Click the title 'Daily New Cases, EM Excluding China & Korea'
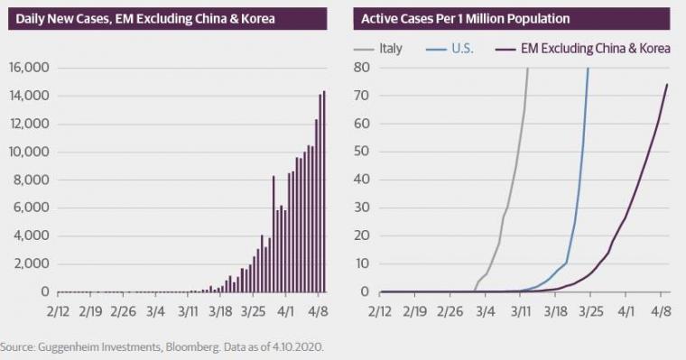pyautogui.click(x=145, y=19)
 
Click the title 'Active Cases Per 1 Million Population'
pyautogui.click(x=466, y=19)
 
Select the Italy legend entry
pyautogui.click(x=378, y=48)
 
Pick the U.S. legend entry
pyautogui.click(x=450, y=48)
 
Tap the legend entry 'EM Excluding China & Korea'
pyautogui.click(x=583, y=48)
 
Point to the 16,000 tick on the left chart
pyautogui.click(x=29, y=68)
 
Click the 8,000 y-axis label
pyautogui.click(x=32, y=180)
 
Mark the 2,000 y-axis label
pyautogui.click(x=32, y=263)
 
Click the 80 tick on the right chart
pyautogui.click(x=362, y=68)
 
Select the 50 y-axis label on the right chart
pyautogui.click(x=362, y=152)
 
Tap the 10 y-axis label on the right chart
pyautogui.click(x=362, y=263)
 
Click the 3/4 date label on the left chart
pyautogui.click(x=156, y=311)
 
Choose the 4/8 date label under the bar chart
pyautogui.click(x=318, y=311)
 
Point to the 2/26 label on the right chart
pyautogui.click(x=450, y=311)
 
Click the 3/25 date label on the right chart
pyautogui.click(x=591, y=311)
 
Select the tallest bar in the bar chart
pyautogui.click(x=324, y=191)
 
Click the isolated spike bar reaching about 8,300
pyautogui.click(x=273, y=234)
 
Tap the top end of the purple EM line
pyautogui.click(x=667, y=84)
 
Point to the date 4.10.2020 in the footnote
pyautogui.click(x=298, y=347)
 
